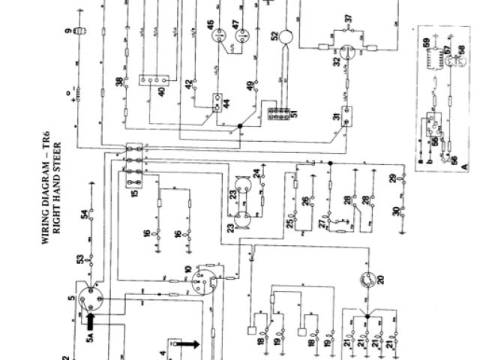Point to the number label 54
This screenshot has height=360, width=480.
pos(84,216)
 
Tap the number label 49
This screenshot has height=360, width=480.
pos(249,87)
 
